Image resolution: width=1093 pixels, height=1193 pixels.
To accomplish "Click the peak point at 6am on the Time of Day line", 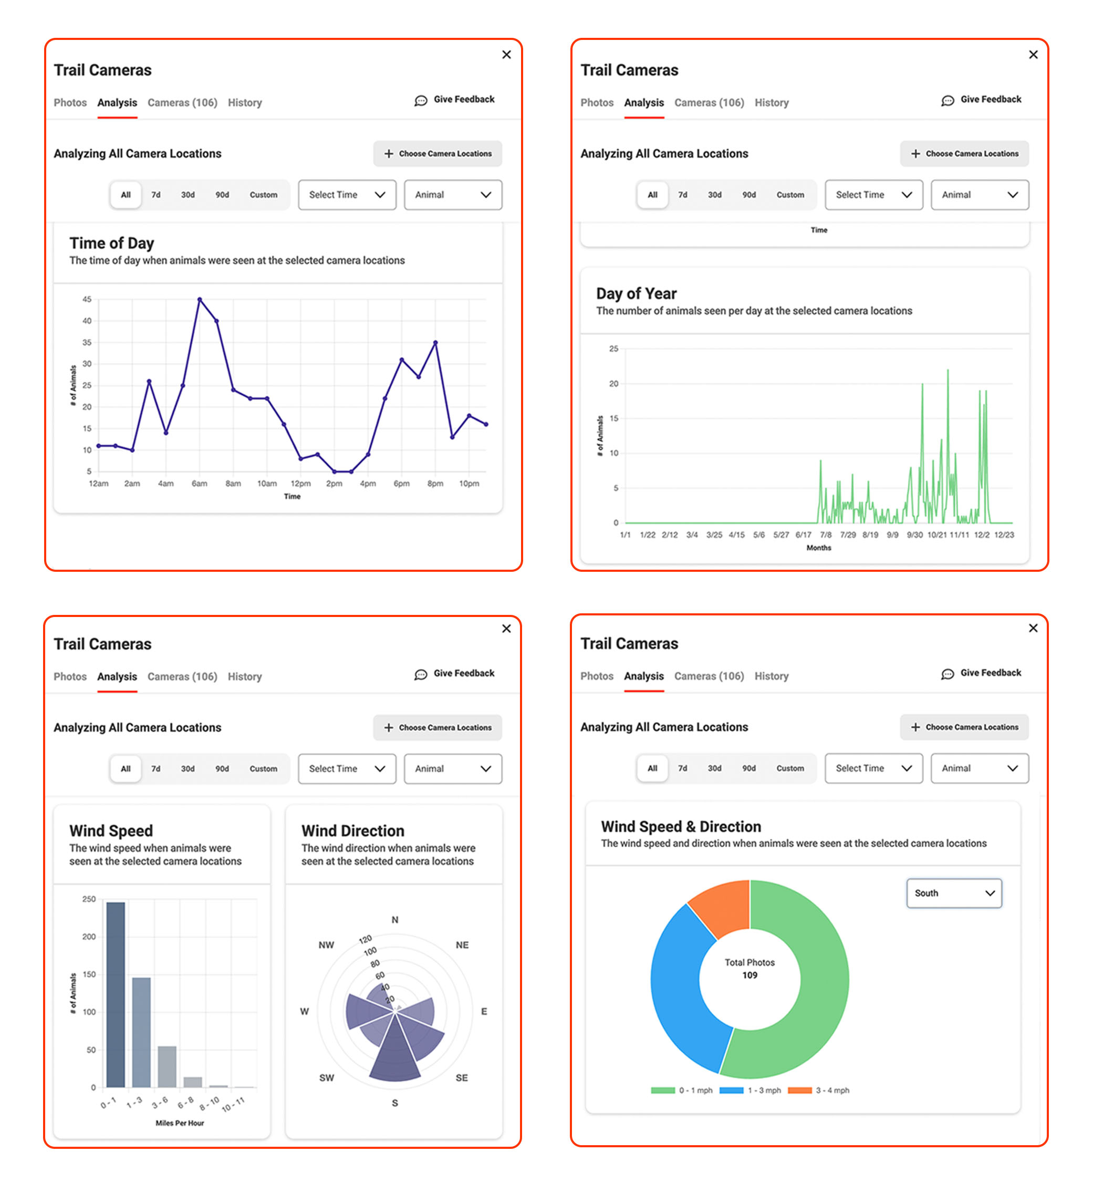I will (199, 300).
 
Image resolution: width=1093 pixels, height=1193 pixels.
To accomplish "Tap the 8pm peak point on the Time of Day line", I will (435, 343).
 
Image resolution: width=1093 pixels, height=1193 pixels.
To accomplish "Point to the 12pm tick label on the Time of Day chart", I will (300, 484).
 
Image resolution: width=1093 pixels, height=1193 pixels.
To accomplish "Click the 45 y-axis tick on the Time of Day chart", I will (87, 300).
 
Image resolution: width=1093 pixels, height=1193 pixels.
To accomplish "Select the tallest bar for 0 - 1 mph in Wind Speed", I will (116, 994).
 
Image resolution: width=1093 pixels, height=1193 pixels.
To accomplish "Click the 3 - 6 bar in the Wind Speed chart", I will (167, 1066).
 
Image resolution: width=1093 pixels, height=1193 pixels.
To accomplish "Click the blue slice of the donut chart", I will (680, 994).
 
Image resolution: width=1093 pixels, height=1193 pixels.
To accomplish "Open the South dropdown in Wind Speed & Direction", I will (953, 893).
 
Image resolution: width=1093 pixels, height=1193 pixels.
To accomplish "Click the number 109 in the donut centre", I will (750, 975).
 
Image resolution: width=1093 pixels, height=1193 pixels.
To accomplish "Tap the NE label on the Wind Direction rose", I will (462, 945).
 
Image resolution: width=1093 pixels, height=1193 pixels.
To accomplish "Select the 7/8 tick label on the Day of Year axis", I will (826, 535).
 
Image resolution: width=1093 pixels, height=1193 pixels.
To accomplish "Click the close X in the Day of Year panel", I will (1033, 55).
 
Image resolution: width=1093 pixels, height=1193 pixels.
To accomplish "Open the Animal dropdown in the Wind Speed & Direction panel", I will (980, 768).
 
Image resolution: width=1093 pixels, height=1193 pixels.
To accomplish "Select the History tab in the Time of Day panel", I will (244, 102).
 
